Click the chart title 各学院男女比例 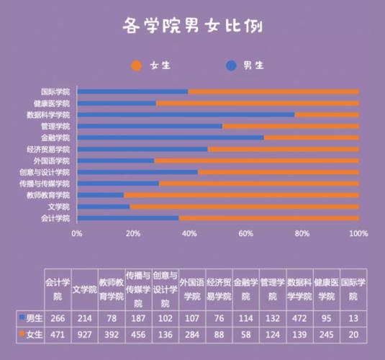point(192,27)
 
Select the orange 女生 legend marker point(137,66)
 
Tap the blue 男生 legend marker point(231,66)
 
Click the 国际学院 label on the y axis point(55,91)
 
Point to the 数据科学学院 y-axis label point(48,114)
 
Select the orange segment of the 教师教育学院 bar point(241,195)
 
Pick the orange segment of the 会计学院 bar point(268,218)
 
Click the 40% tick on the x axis point(189,234)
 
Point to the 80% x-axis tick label point(302,234)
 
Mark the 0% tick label point(76,234)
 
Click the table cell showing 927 point(84,334)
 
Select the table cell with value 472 point(298,318)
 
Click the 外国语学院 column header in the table point(191,289)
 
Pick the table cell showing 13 point(353,318)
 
